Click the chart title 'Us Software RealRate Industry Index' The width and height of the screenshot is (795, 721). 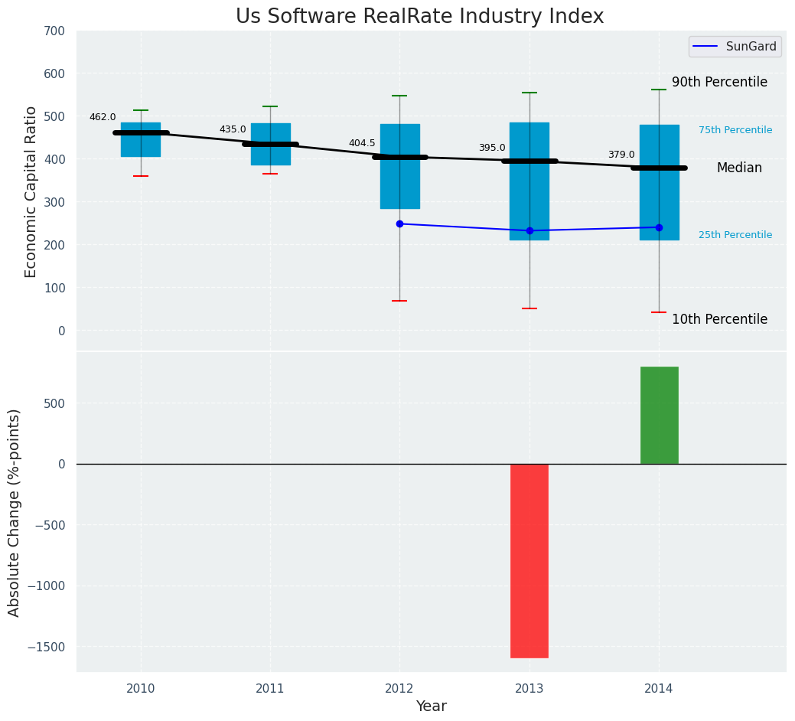(x=419, y=17)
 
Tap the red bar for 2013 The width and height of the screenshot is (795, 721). (x=529, y=560)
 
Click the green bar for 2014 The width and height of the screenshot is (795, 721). (x=659, y=415)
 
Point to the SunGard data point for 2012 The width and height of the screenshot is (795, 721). (x=399, y=223)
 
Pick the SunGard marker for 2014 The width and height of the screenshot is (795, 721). (x=659, y=227)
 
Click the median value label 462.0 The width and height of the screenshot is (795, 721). (x=103, y=117)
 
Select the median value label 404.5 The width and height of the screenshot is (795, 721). (x=362, y=143)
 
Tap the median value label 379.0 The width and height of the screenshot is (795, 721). (x=621, y=155)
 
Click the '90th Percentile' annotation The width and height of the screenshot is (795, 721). (x=719, y=82)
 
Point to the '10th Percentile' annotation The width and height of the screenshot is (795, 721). (x=719, y=319)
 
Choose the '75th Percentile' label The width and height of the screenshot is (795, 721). (x=735, y=130)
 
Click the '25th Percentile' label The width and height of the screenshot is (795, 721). (x=735, y=235)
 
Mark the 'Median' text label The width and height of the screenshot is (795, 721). (x=739, y=168)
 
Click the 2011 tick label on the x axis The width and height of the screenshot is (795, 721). (x=270, y=689)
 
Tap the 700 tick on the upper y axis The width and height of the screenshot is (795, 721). (x=54, y=31)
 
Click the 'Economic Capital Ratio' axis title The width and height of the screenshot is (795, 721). (x=31, y=192)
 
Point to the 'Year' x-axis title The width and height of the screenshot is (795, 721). (x=432, y=706)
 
